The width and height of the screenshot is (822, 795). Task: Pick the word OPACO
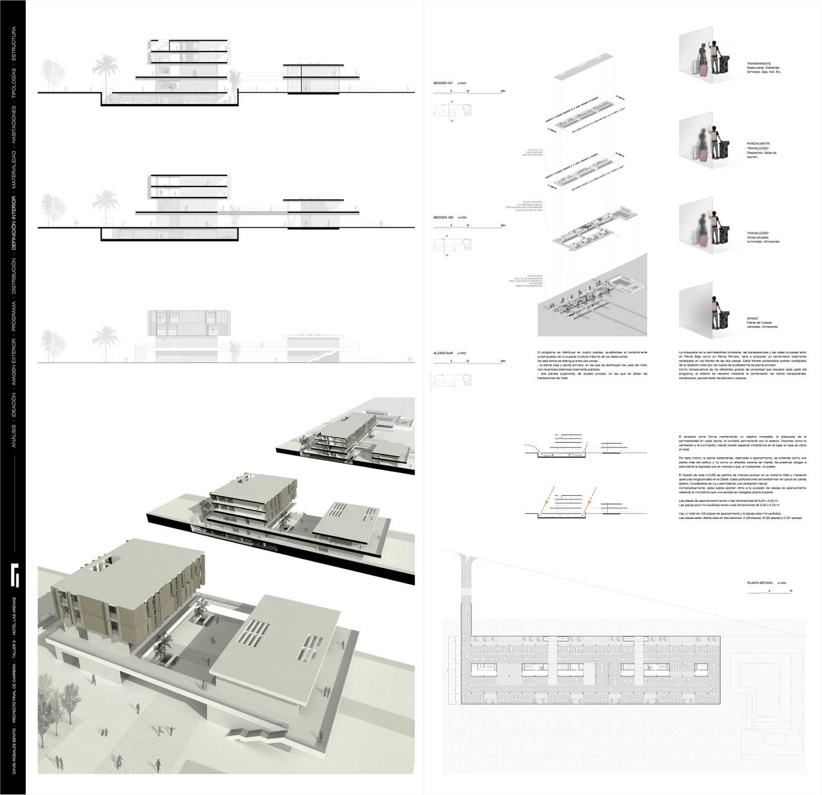(753, 319)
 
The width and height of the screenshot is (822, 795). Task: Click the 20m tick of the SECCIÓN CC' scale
(502, 91)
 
